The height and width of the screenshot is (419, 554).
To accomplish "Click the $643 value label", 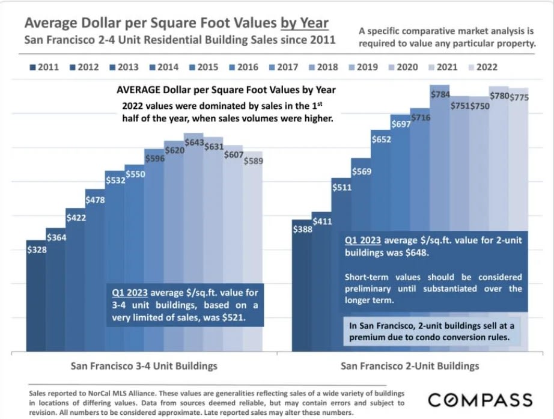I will (194, 142).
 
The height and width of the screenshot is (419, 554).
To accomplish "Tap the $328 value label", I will (37, 249).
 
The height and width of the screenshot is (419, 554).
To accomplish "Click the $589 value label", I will (253, 161).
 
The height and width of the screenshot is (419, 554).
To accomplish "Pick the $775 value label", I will (519, 97).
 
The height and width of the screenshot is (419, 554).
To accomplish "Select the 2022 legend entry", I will (481, 67).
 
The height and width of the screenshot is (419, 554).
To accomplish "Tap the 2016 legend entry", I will (242, 67).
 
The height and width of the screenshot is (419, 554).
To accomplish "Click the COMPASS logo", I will (480, 400).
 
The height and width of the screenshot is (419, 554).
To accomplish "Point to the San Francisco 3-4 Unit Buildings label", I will (144, 365).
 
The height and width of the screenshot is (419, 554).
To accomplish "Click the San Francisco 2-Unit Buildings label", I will (410, 365).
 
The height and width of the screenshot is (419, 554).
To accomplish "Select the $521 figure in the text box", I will (234, 317).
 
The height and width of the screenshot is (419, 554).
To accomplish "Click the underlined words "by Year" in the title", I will (304, 23).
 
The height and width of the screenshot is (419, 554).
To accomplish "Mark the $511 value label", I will (342, 187).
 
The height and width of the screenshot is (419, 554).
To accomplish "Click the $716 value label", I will (420, 118).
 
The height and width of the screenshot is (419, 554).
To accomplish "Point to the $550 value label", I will (135, 174).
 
